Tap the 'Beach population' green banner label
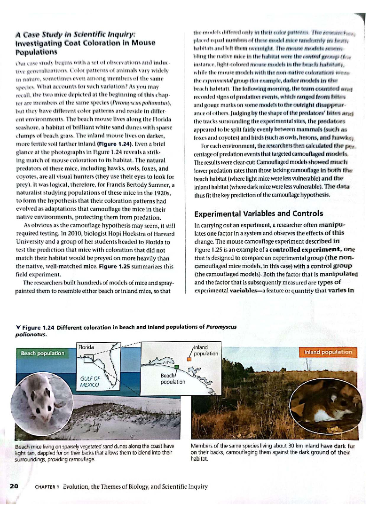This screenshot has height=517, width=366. coord(42,353)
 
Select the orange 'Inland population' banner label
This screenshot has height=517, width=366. coord(328,352)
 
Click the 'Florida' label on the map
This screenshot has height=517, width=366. coord(86,347)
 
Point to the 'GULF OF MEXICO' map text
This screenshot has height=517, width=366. coord(90,381)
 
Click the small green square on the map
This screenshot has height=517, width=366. coord(177,366)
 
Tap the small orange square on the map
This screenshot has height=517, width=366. coord(189,359)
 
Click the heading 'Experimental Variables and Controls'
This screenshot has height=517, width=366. coord(258,214)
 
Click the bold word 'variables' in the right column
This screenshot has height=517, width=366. coord(244,290)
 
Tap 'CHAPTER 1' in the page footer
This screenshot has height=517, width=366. coord(46,487)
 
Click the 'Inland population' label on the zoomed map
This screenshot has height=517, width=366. coord(206,350)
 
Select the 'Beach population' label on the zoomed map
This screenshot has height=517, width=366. coord(173,379)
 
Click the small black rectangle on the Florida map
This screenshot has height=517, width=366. coord(88,359)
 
